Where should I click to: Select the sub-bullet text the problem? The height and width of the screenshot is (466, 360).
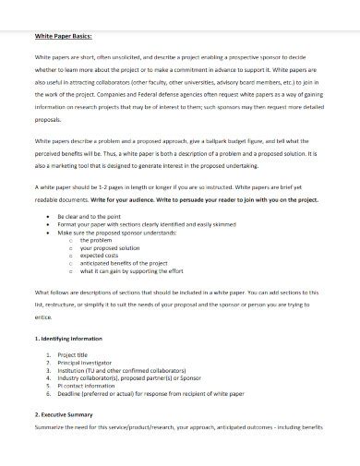click(x=96, y=240)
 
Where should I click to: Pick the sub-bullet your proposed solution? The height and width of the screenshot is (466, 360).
click(x=110, y=248)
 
